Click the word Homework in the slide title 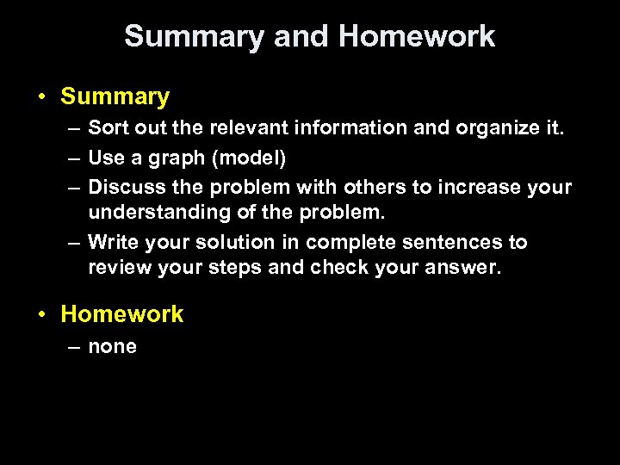(417, 36)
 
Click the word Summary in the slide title (194, 36)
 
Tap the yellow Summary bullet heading (115, 96)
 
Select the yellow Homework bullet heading (122, 314)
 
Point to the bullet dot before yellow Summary (41, 97)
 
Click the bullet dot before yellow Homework (41, 315)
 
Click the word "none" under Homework (112, 347)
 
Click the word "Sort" (105, 129)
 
